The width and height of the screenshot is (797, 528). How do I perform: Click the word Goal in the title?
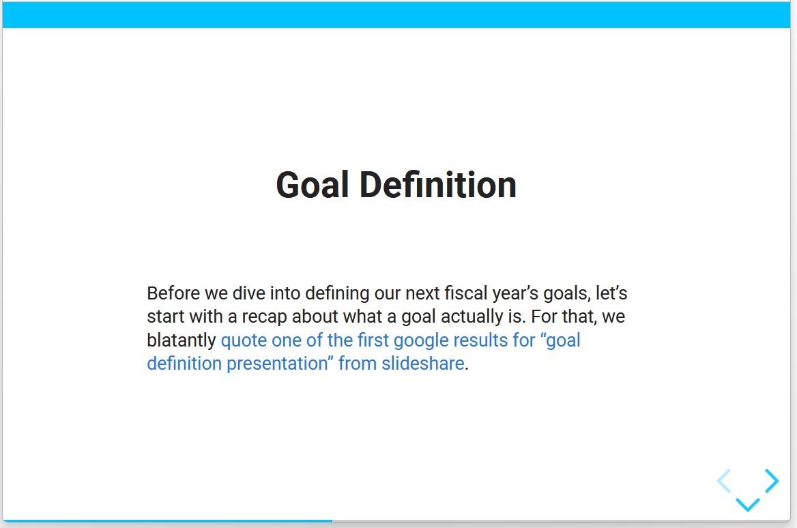312,184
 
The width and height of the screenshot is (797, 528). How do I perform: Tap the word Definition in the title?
438,184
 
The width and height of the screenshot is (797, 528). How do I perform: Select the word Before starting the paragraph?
173,293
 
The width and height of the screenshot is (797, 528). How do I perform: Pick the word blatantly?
182,340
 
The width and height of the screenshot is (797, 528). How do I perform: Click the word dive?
248,293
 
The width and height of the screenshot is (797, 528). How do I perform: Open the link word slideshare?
423,364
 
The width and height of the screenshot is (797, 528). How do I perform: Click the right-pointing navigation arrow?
772,481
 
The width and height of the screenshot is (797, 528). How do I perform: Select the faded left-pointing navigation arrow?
724,481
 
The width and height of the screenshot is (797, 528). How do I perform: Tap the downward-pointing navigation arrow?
748,505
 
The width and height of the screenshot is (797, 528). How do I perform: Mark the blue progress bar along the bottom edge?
169,520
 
